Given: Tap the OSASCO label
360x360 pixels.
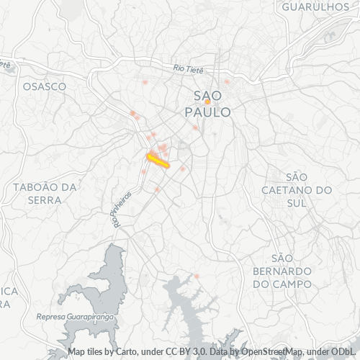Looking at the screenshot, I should [45, 86].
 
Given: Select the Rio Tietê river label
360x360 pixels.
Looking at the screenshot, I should [189, 69].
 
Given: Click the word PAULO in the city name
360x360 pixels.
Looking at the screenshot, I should [208, 113].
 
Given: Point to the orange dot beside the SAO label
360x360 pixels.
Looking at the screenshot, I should [207, 102].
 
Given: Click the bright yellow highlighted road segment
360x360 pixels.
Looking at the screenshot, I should [158, 161].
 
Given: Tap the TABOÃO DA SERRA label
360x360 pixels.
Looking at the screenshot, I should [45, 193].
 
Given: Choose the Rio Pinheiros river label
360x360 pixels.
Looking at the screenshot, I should [123, 209].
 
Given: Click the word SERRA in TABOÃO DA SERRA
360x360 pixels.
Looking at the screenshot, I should [45, 199].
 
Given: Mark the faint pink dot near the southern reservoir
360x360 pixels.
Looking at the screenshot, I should [196, 276].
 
